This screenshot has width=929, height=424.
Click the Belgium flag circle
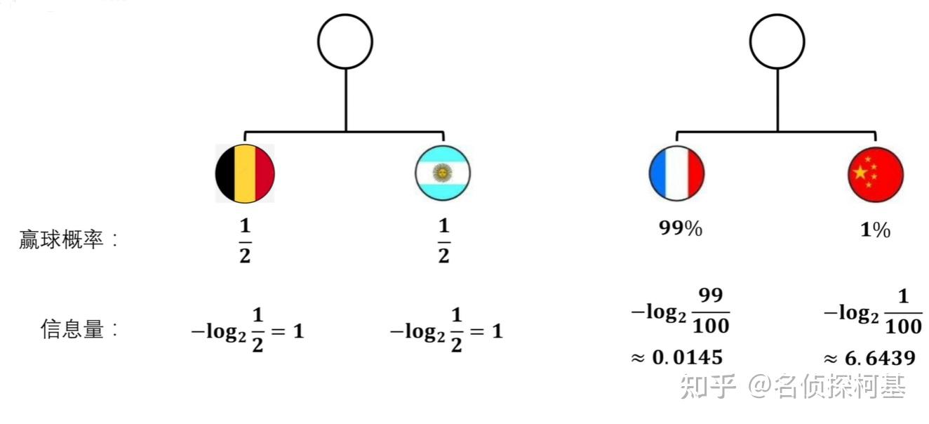click(x=245, y=173)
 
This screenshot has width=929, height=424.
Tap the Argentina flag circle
click(x=443, y=173)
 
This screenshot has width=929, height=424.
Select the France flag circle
click(x=676, y=173)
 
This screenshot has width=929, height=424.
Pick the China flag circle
click(x=876, y=173)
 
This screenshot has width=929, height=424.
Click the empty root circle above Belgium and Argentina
click(x=345, y=41)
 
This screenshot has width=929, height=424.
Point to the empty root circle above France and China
click(x=777, y=41)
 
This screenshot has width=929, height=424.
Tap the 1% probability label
click(x=875, y=230)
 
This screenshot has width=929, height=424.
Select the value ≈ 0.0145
click(x=676, y=357)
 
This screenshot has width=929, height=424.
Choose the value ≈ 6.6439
click(x=869, y=358)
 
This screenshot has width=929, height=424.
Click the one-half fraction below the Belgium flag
click(x=245, y=241)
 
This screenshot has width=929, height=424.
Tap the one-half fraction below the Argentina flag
click(x=443, y=241)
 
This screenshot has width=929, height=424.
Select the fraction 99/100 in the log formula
click(x=711, y=310)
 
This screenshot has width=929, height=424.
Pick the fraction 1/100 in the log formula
click(x=903, y=310)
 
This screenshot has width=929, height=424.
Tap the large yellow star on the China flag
click(x=860, y=172)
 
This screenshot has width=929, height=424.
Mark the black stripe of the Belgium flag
click(x=225, y=173)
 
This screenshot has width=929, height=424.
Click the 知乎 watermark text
click(x=707, y=387)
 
